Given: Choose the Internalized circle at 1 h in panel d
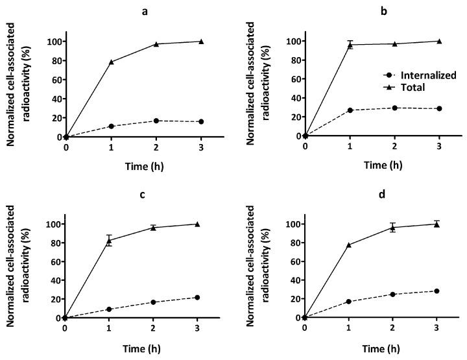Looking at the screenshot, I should click(349, 302).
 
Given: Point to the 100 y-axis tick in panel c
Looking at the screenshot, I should click(53, 224).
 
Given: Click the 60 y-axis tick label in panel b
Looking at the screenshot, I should click(294, 79).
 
